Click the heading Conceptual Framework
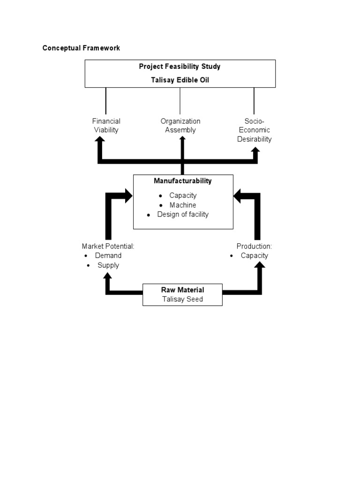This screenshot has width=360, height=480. tap(81, 48)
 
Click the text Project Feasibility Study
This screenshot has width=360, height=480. tap(180, 67)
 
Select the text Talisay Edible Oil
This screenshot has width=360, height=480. tap(180, 80)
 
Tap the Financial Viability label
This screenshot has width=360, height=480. tap(106, 126)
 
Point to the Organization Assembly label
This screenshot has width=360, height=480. tap(180, 126)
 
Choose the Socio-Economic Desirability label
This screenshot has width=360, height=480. tap(254, 130)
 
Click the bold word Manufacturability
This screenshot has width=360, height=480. tap(183, 181)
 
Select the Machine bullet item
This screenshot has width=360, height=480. tap(183, 205)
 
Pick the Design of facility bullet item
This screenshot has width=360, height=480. tap(183, 214)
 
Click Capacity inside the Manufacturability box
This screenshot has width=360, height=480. tap(183, 195)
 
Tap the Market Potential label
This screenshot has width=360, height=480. tap(108, 246)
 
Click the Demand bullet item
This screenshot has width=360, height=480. tap(108, 255)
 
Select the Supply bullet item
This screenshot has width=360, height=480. tap(108, 265)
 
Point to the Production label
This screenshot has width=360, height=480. tap(254, 246)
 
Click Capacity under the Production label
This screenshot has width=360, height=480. tap(255, 255)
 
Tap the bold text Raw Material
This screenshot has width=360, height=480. tap(182, 290)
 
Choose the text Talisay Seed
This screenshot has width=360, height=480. tap(182, 299)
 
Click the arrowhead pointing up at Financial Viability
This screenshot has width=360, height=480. tap(100, 143)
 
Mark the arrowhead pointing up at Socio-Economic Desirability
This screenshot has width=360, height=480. tap(255, 152)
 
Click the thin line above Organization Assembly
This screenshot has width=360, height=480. tap(180, 101)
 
